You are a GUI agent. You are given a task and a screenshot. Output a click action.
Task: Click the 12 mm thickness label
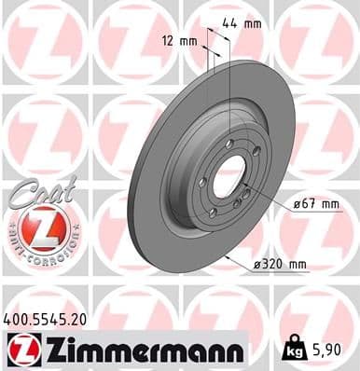coord(179,41)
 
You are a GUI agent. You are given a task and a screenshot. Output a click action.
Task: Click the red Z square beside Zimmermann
coord(19,350)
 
